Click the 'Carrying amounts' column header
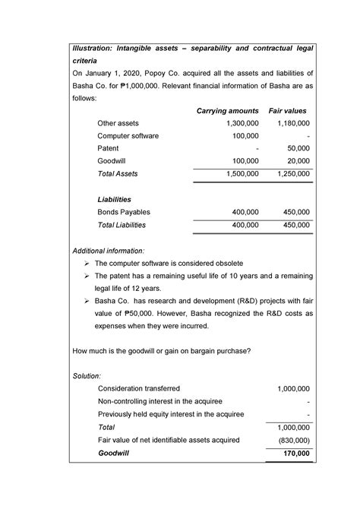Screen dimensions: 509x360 [228, 111]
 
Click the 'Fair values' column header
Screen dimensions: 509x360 [289, 111]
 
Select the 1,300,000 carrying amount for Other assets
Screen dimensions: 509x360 [238, 123]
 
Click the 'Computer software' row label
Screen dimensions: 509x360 [128, 136]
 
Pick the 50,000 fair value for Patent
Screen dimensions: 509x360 [295, 149]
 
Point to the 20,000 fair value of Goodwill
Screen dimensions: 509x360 [295, 161]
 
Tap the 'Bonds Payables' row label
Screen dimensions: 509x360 [124, 212]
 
